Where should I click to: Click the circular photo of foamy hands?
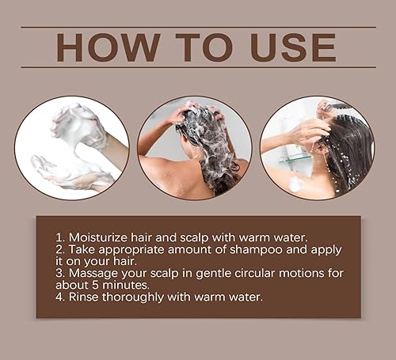(x=71, y=147)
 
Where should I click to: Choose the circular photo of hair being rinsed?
(x=317, y=147)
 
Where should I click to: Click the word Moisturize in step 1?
(x=102, y=237)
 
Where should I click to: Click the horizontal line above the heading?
(x=198, y=26)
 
